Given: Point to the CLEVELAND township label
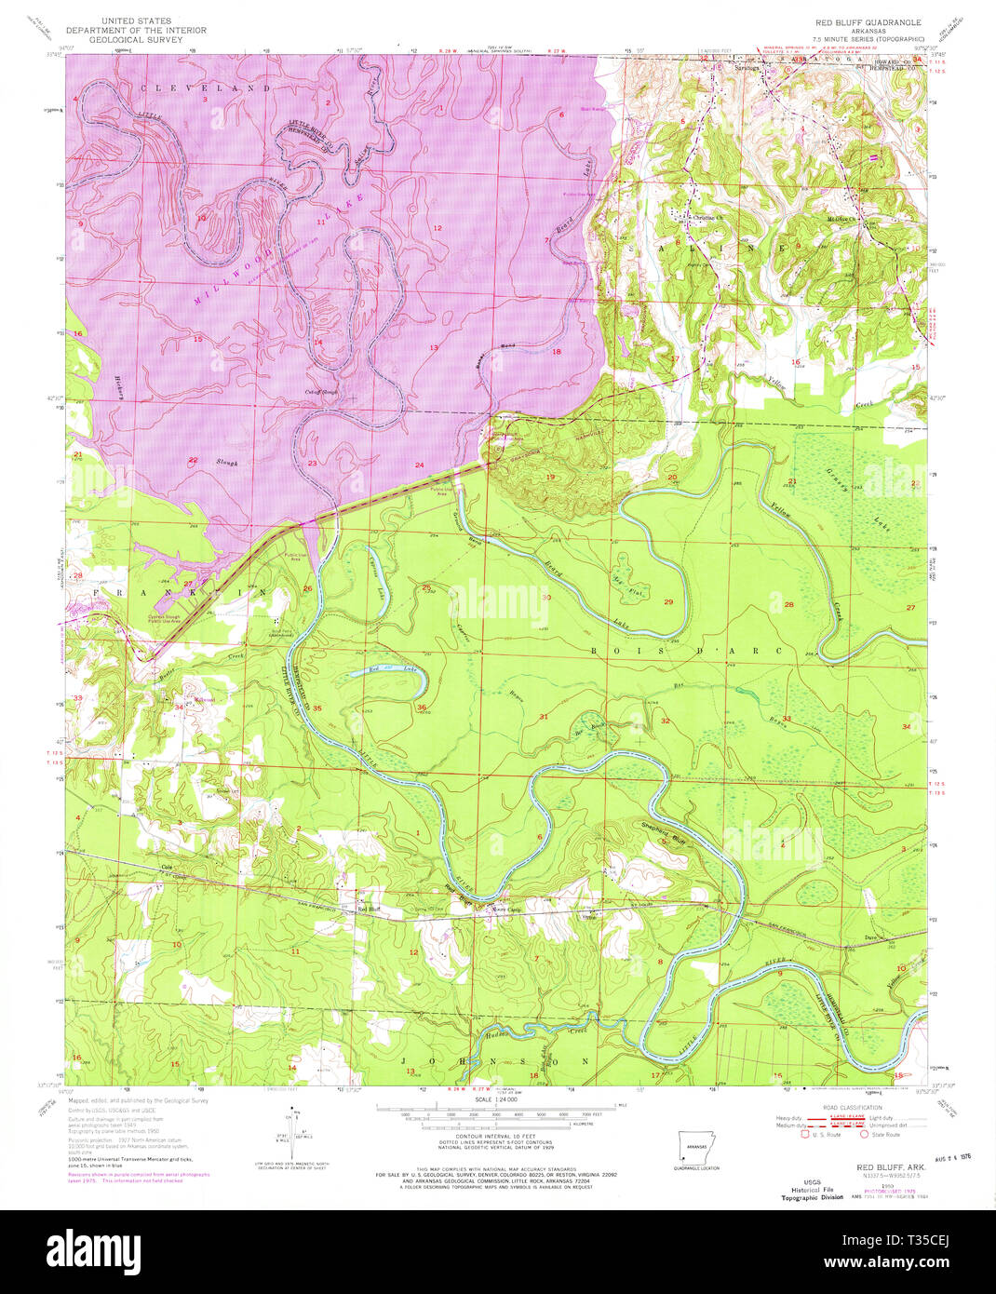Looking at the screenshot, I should click(206, 88).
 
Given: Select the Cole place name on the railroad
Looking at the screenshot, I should click(168, 868).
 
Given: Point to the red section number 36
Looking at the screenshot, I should click(422, 708).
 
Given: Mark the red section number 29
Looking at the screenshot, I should click(667, 602).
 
